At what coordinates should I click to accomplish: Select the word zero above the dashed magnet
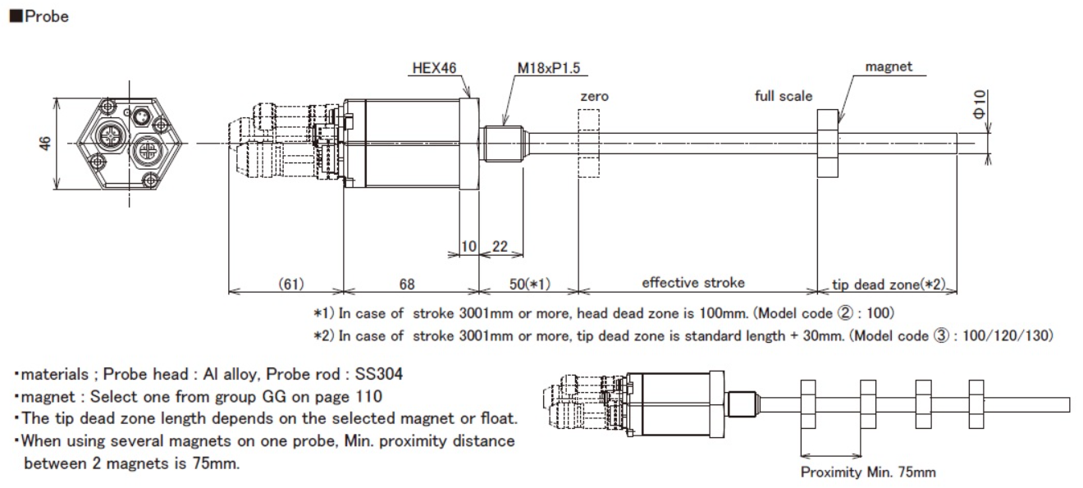(594, 97)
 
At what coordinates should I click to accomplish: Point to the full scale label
(784, 96)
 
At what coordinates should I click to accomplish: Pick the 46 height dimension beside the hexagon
(46, 144)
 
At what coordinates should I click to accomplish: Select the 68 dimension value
(407, 284)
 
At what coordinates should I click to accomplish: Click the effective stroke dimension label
(693, 283)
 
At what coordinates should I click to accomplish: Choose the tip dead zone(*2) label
(889, 284)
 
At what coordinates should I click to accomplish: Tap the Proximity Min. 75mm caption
(867, 472)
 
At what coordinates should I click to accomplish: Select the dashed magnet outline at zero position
(588, 144)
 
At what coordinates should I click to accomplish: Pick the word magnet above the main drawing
(889, 67)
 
